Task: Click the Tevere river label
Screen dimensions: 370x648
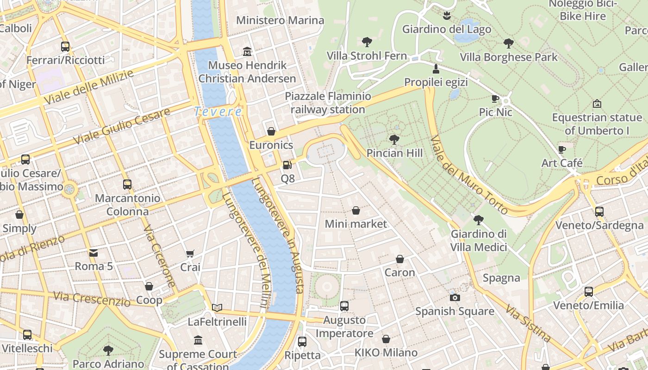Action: (218, 111)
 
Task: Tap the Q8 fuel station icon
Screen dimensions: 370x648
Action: (287, 165)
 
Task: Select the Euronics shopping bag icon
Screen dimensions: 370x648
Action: (271, 131)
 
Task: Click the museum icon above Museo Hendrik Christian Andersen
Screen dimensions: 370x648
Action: (247, 51)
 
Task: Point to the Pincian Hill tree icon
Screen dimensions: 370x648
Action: (394, 139)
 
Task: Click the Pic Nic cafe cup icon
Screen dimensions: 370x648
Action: (495, 99)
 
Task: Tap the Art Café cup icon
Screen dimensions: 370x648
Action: (562, 149)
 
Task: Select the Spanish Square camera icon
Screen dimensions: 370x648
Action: (455, 297)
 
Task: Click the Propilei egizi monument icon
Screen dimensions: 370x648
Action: (436, 69)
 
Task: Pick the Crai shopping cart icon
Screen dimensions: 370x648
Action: (190, 253)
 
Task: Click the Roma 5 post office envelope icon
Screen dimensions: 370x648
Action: (93, 253)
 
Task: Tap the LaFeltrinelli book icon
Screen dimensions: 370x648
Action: (217, 308)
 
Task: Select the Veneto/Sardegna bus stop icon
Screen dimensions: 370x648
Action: (599, 212)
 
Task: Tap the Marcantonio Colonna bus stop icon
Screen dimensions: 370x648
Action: (127, 185)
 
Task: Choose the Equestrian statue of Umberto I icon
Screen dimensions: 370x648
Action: (597, 104)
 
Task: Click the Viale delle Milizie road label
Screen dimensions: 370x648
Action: (89, 86)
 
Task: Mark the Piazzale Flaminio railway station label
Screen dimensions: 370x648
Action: (328, 103)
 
